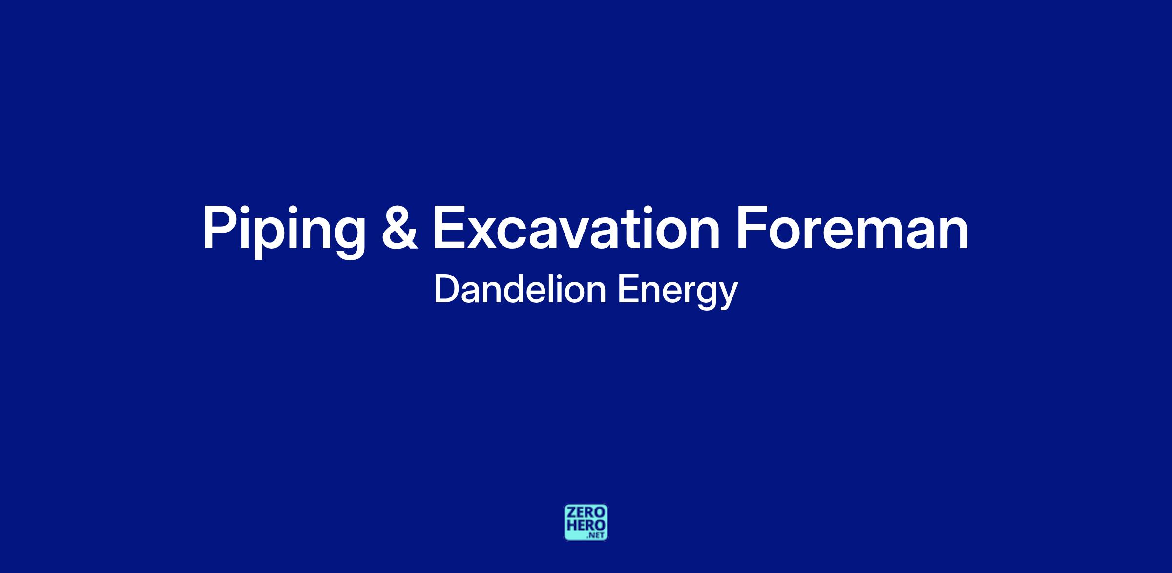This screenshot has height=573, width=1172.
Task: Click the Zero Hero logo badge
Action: tap(586, 522)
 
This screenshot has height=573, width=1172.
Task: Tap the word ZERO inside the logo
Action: tap(586, 512)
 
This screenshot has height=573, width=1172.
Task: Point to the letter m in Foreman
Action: tap(882, 233)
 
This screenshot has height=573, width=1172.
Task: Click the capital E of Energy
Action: tap(628, 290)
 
